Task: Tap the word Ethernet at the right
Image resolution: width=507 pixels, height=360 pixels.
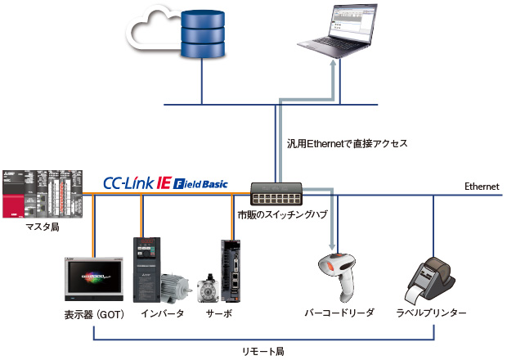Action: point(481,187)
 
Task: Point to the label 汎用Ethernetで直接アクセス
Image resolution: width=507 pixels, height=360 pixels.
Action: point(342,143)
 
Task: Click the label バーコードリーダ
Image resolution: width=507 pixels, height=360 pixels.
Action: point(339,314)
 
